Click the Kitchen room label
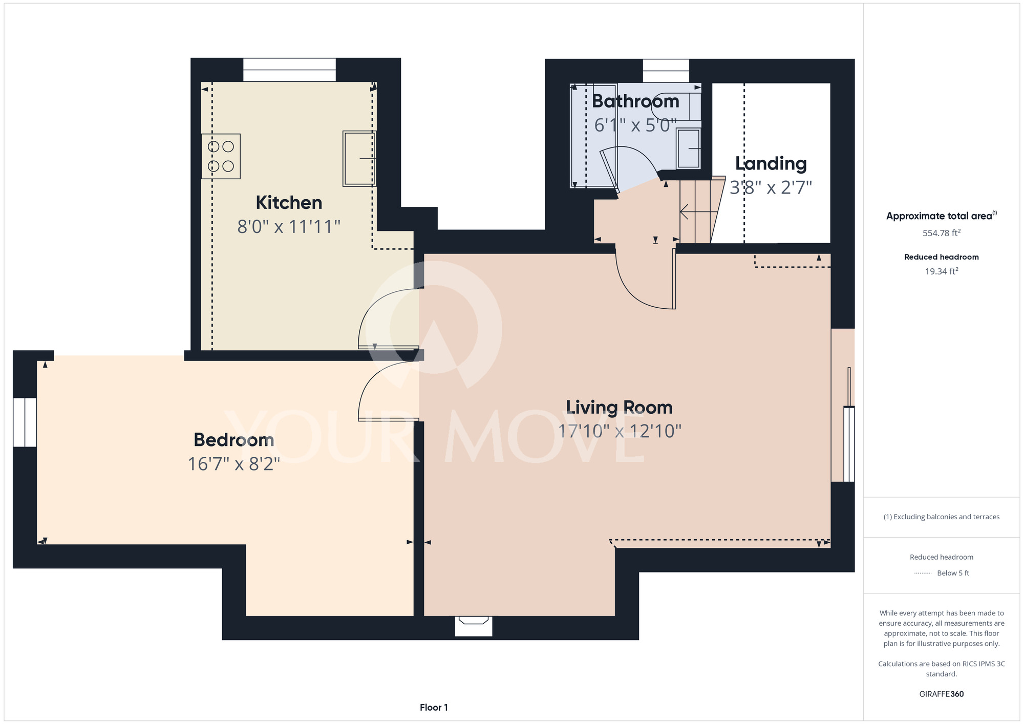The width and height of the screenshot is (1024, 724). [x=289, y=203]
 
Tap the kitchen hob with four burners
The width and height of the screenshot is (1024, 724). [x=221, y=156]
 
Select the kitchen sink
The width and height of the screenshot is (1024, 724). [x=359, y=159]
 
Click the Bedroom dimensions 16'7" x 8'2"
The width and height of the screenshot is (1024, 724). [x=234, y=464]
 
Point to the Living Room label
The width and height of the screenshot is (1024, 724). [x=620, y=408]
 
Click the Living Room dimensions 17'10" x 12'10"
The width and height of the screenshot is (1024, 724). [x=620, y=431]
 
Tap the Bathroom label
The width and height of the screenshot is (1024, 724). [x=635, y=101]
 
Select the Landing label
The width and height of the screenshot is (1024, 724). [x=771, y=164]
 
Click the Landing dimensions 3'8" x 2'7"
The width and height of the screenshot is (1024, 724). [x=771, y=188]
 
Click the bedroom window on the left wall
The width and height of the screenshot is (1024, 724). [x=25, y=422]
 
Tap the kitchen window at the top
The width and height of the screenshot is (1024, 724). [x=289, y=70]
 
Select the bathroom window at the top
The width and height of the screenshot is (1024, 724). [x=666, y=71]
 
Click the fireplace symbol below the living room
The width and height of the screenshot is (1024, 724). [x=474, y=626]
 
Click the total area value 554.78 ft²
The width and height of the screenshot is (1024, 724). [x=942, y=233]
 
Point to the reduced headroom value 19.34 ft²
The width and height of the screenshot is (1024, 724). [x=942, y=271]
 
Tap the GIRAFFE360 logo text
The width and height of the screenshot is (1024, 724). [x=942, y=694]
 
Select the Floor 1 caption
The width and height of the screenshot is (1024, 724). [x=434, y=708]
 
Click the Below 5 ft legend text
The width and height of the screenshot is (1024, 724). [x=953, y=573]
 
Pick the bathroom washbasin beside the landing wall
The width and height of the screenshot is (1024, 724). [x=689, y=148]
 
